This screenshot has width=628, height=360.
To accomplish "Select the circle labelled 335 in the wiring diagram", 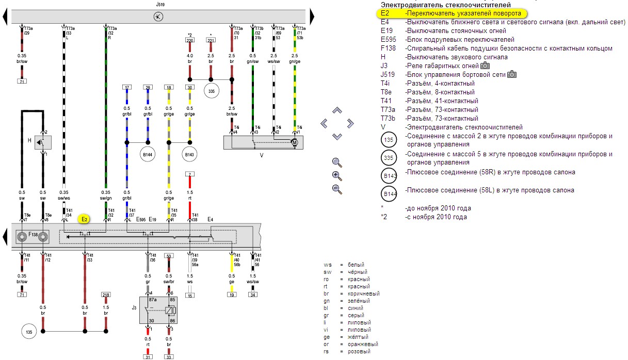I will tap(211, 92).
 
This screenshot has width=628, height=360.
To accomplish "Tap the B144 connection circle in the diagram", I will tap(148, 154).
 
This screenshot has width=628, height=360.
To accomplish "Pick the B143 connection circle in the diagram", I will tap(190, 154).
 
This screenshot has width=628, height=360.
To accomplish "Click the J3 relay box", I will tap(158, 310).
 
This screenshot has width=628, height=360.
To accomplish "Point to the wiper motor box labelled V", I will tap(263, 142).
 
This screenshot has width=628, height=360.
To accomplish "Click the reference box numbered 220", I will tap(190, 40).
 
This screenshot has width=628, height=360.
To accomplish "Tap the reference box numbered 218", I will tap(106, 294).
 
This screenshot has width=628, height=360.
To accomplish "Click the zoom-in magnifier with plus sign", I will tap(337, 176).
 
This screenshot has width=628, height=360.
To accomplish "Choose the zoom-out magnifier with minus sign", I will tap(337, 189).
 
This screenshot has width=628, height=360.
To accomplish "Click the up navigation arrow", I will tap(337, 110).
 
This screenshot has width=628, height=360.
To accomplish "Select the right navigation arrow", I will tap(350, 123).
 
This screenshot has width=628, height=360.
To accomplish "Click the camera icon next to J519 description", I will tap(512, 75).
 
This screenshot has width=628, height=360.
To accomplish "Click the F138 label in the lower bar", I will tap(33, 235).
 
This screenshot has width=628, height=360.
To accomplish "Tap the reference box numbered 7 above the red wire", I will tap(190, 174).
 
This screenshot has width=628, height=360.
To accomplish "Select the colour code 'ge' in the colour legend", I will tap(327, 337).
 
